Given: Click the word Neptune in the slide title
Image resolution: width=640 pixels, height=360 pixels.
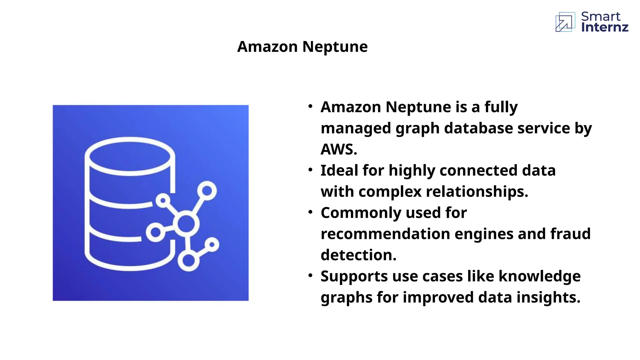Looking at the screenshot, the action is [335, 47].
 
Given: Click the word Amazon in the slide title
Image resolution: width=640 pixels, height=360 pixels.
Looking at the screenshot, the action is [267, 47].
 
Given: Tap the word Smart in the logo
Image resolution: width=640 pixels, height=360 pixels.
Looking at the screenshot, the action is [601, 16].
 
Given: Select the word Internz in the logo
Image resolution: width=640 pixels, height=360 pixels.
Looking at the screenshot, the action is [605, 27].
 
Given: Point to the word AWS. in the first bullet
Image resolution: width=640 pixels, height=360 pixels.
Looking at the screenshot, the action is [339, 149].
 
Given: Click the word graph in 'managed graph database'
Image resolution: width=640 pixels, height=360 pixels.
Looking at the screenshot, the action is [417, 129].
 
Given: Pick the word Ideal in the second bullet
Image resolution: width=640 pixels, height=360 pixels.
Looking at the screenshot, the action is [339, 171].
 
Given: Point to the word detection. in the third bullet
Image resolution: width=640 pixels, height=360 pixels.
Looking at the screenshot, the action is [358, 255].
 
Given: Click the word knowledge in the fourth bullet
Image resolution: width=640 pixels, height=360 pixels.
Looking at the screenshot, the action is [539, 276].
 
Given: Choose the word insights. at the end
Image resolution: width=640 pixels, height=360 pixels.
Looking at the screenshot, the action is [548, 297].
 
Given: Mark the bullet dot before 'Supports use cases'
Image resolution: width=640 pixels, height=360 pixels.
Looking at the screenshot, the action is [310, 276].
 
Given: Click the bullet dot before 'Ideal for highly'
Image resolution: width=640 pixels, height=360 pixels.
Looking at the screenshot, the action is [310, 170].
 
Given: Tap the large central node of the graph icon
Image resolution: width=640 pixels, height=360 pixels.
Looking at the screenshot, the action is [186, 223].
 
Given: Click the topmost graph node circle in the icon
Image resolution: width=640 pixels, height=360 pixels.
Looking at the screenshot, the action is [207, 190].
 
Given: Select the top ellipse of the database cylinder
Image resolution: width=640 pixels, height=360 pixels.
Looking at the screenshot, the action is [130, 156].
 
